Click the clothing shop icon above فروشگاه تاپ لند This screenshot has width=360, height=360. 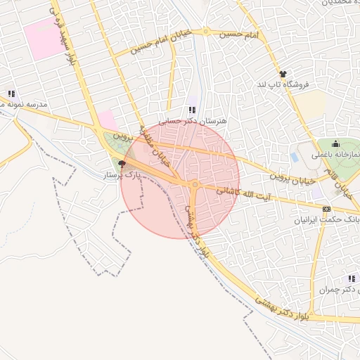(283, 74)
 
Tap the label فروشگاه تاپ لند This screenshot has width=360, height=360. (283, 84)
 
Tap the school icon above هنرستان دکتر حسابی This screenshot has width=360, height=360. (193, 110)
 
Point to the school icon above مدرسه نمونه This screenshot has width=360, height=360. (11, 94)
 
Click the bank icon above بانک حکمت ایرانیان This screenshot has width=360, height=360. (326, 209)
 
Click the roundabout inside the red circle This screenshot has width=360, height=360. (194, 185)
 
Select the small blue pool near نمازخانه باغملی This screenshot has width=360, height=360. (293, 157)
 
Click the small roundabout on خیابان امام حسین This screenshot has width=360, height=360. (206, 32)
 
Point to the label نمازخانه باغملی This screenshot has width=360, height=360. (340, 154)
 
